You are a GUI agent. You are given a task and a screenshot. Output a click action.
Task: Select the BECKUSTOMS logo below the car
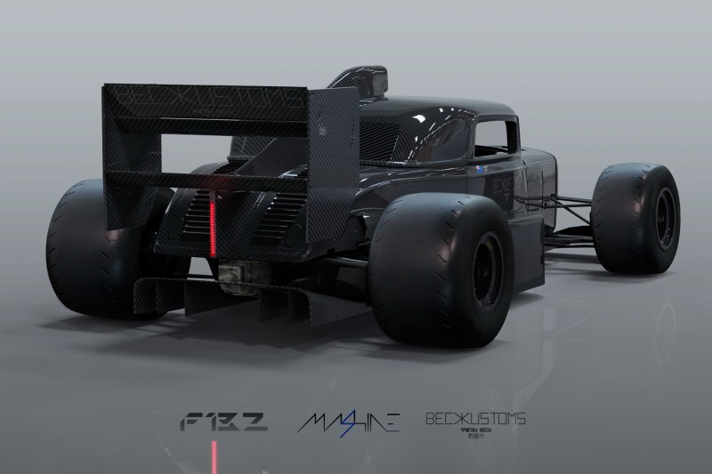tap(475, 416)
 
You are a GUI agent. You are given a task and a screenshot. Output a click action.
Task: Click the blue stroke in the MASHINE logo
tap(342, 421)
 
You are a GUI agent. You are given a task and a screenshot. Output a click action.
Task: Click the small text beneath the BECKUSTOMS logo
tap(475, 432)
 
